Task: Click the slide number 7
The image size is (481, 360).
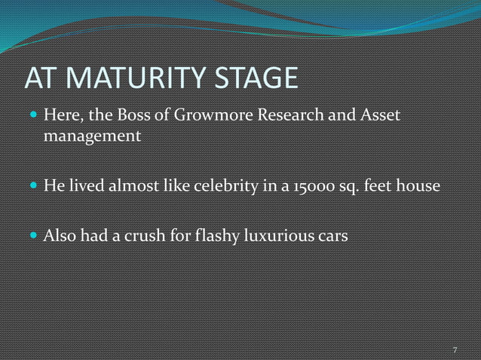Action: coord(455,351)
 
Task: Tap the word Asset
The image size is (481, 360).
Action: coord(375,117)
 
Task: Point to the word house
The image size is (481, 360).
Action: coord(418,186)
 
